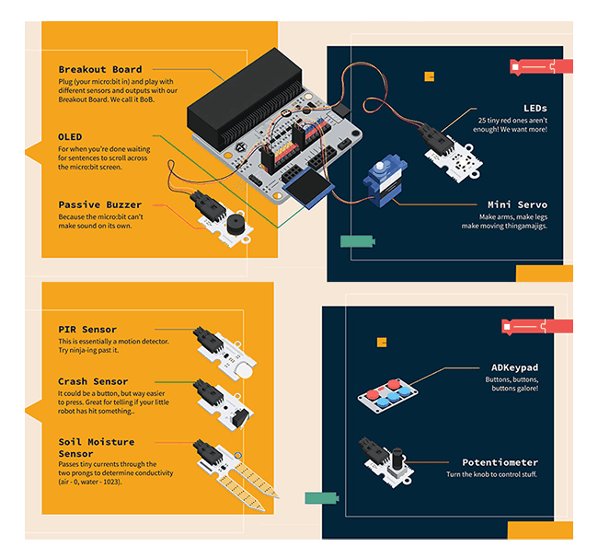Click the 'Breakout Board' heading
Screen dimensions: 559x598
point(100,69)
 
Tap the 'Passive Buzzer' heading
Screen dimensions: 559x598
point(99,204)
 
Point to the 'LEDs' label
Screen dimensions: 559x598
point(535,109)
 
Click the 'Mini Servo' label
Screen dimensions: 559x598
point(517,204)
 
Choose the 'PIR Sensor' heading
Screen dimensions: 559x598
point(87,330)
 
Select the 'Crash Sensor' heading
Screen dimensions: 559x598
point(93,381)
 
